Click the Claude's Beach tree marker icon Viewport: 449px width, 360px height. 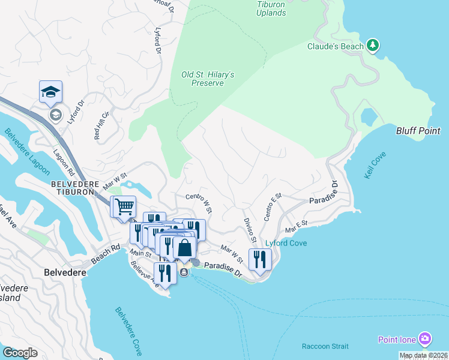click(373, 45)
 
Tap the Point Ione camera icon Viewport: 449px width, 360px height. click(425, 339)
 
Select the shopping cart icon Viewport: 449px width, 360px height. click(124, 207)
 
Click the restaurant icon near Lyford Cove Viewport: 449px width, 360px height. click(260, 259)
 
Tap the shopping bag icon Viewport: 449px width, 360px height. click(185, 247)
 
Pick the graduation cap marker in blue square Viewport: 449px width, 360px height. click(51, 92)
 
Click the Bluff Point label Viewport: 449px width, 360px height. click(418, 131)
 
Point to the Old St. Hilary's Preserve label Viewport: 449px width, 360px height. click(208, 79)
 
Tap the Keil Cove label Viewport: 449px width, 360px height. click(375, 164)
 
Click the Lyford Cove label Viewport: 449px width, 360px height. click(286, 243)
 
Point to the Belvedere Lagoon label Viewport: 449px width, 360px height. click(27, 152)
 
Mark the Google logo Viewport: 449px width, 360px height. click(20, 353)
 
